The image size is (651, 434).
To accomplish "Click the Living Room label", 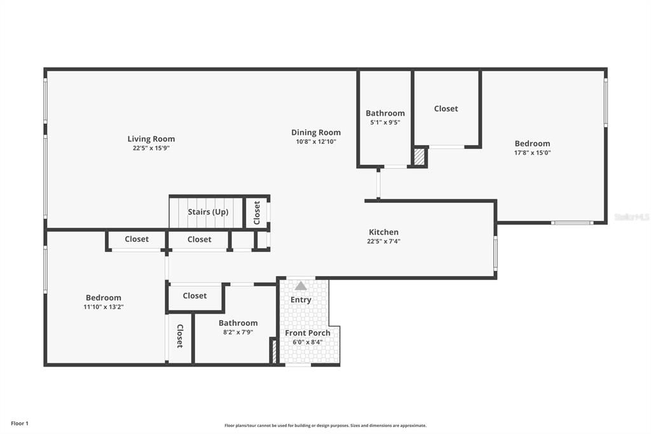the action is [151, 139].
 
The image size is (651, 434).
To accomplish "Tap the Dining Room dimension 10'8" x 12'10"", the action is [316, 141].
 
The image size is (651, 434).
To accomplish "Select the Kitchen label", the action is [383, 232].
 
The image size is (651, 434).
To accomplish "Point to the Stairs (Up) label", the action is [208, 212].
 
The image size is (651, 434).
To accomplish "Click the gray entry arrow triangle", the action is [301, 286].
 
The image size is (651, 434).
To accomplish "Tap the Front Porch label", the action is [308, 333].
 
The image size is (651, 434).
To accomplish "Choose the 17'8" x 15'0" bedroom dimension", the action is [532, 153].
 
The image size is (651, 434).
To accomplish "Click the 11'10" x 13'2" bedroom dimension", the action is [104, 307].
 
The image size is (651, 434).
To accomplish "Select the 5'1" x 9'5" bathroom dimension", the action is [385, 122].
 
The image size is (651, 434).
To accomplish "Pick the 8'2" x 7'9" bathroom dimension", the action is [238, 332].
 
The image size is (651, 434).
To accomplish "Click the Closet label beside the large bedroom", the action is [446, 108].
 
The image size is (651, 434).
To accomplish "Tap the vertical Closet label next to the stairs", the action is [257, 213].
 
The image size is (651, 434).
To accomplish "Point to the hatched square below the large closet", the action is [420, 157].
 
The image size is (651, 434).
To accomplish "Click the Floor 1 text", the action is [20, 423].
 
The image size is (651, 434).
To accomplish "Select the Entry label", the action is [301, 300].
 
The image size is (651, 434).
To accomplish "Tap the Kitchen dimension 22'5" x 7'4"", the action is [383, 241].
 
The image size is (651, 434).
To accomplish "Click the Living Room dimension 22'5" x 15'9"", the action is [151, 148].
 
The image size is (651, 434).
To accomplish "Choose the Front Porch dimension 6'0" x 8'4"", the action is [308, 342].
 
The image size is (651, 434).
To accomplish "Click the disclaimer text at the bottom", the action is [325, 425].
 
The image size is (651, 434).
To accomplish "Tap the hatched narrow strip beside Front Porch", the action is [274, 351].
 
